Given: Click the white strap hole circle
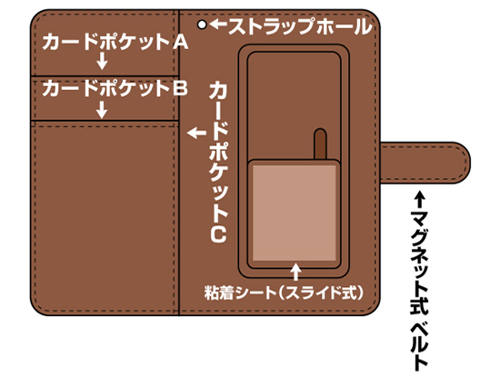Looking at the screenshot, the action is click(x=202, y=25).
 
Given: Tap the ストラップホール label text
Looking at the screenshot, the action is click(x=300, y=26).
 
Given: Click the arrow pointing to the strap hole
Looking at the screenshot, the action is click(x=218, y=25).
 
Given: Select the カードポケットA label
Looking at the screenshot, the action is click(x=115, y=42).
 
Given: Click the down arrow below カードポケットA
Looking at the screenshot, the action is click(x=102, y=61).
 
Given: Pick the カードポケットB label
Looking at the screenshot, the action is click(x=115, y=88).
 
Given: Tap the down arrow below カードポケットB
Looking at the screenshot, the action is click(x=102, y=110).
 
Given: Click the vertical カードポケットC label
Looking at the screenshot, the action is click(x=218, y=162).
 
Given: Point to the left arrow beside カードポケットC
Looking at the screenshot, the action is click(x=196, y=133).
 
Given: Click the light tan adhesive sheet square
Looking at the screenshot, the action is click(x=295, y=213).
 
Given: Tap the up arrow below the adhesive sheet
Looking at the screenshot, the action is click(x=296, y=272).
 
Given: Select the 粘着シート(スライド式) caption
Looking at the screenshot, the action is click(x=284, y=292).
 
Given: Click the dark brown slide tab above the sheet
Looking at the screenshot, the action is click(x=321, y=144).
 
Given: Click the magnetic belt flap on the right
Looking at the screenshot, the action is click(x=425, y=163).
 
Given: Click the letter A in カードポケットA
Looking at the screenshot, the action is click(x=180, y=42).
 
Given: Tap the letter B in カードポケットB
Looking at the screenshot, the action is click(x=180, y=88).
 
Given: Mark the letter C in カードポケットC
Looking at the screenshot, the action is click(x=218, y=234).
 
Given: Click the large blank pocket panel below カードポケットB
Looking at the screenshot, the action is click(x=105, y=218).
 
